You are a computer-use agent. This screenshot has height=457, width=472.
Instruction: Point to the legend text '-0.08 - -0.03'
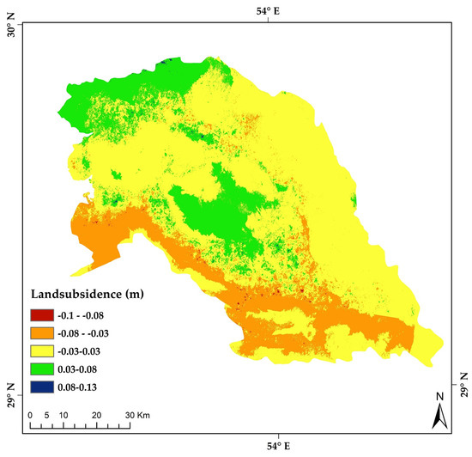pyautogui.click(x=96, y=332)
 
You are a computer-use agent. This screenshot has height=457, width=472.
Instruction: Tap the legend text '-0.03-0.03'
pyautogui.click(x=92, y=351)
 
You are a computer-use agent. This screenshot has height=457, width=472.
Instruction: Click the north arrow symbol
pyautogui.click(x=439, y=417)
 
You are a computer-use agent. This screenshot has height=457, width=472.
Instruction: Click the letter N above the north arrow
pyautogui.click(x=439, y=396)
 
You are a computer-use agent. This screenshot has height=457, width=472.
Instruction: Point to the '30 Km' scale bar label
pyautogui.click(x=132, y=415)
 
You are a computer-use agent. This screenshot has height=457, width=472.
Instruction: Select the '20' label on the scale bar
pyautogui.click(x=96, y=415)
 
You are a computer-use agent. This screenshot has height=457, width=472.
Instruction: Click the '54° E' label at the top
pyautogui.click(x=276, y=9)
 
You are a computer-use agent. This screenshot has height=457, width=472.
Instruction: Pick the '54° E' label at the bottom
pyautogui.click(x=276, y=447)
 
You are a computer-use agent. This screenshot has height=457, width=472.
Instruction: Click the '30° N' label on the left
pyautogui.click(x=11, y=34)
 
